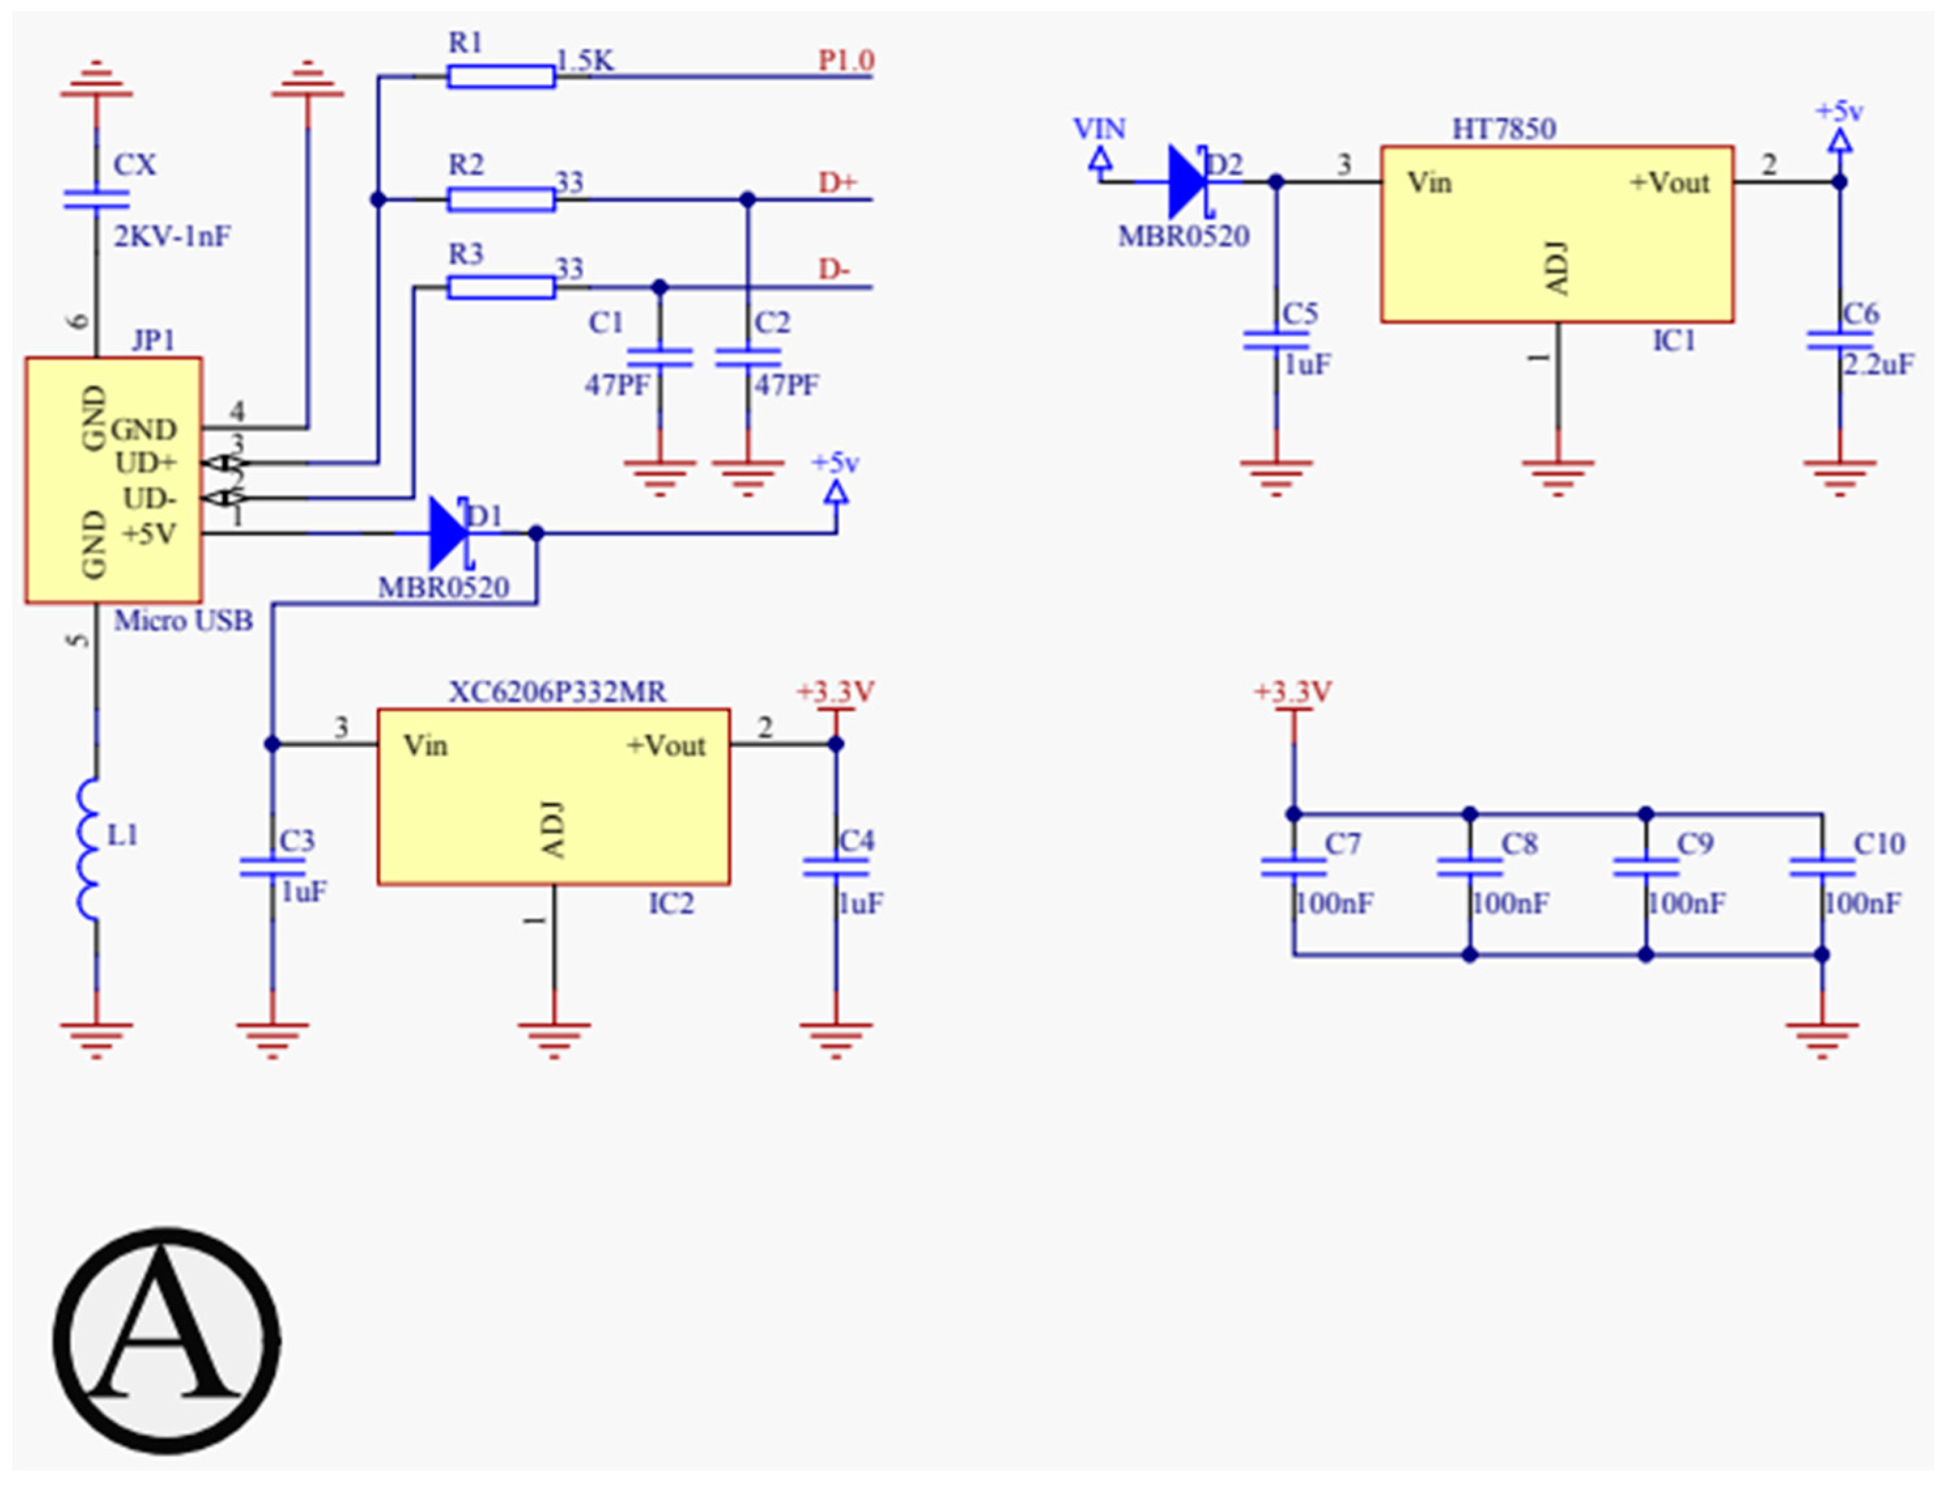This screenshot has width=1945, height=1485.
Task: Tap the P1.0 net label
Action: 845,60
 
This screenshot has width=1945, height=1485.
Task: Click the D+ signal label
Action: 836,182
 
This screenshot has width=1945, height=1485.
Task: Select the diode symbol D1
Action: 449,533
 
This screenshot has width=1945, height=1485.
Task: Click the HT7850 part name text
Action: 1503,129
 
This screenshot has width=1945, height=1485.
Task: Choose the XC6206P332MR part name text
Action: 557,692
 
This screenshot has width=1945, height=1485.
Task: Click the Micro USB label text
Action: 183,620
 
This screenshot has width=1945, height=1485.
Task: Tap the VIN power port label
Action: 1099,129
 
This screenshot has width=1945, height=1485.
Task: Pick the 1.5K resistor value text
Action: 584,60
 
